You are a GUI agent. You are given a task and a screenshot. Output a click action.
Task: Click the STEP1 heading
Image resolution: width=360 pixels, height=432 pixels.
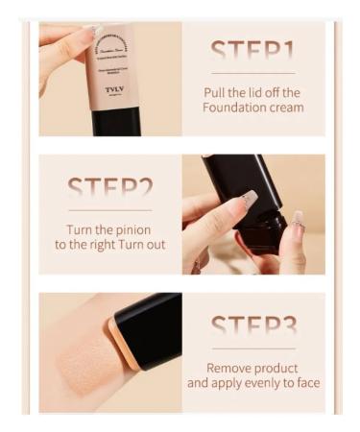click(x=252, y=51)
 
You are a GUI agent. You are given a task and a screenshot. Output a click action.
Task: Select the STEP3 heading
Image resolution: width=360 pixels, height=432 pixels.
click(x=253, y=324)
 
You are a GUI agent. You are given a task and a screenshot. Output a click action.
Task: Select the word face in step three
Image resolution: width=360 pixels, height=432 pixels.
click(x=304, y=383)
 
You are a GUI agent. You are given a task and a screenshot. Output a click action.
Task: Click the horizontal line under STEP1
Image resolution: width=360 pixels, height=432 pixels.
click(x=252, y=73)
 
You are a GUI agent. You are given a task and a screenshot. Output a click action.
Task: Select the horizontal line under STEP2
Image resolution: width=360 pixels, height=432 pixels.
click(x=109, y=210)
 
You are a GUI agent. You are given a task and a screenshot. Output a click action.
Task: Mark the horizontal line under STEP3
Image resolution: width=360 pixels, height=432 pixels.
click(x=253, y=348)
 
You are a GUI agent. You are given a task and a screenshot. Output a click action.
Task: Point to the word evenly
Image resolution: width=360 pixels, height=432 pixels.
click(x=246, y=383)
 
